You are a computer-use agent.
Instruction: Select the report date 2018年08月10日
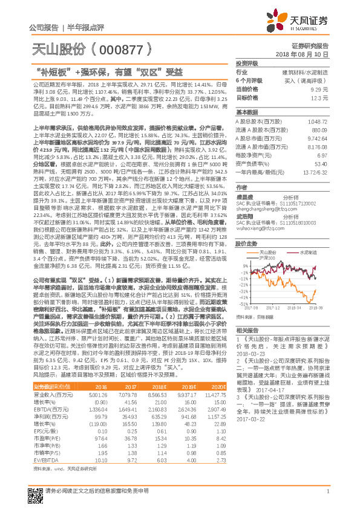306,54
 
